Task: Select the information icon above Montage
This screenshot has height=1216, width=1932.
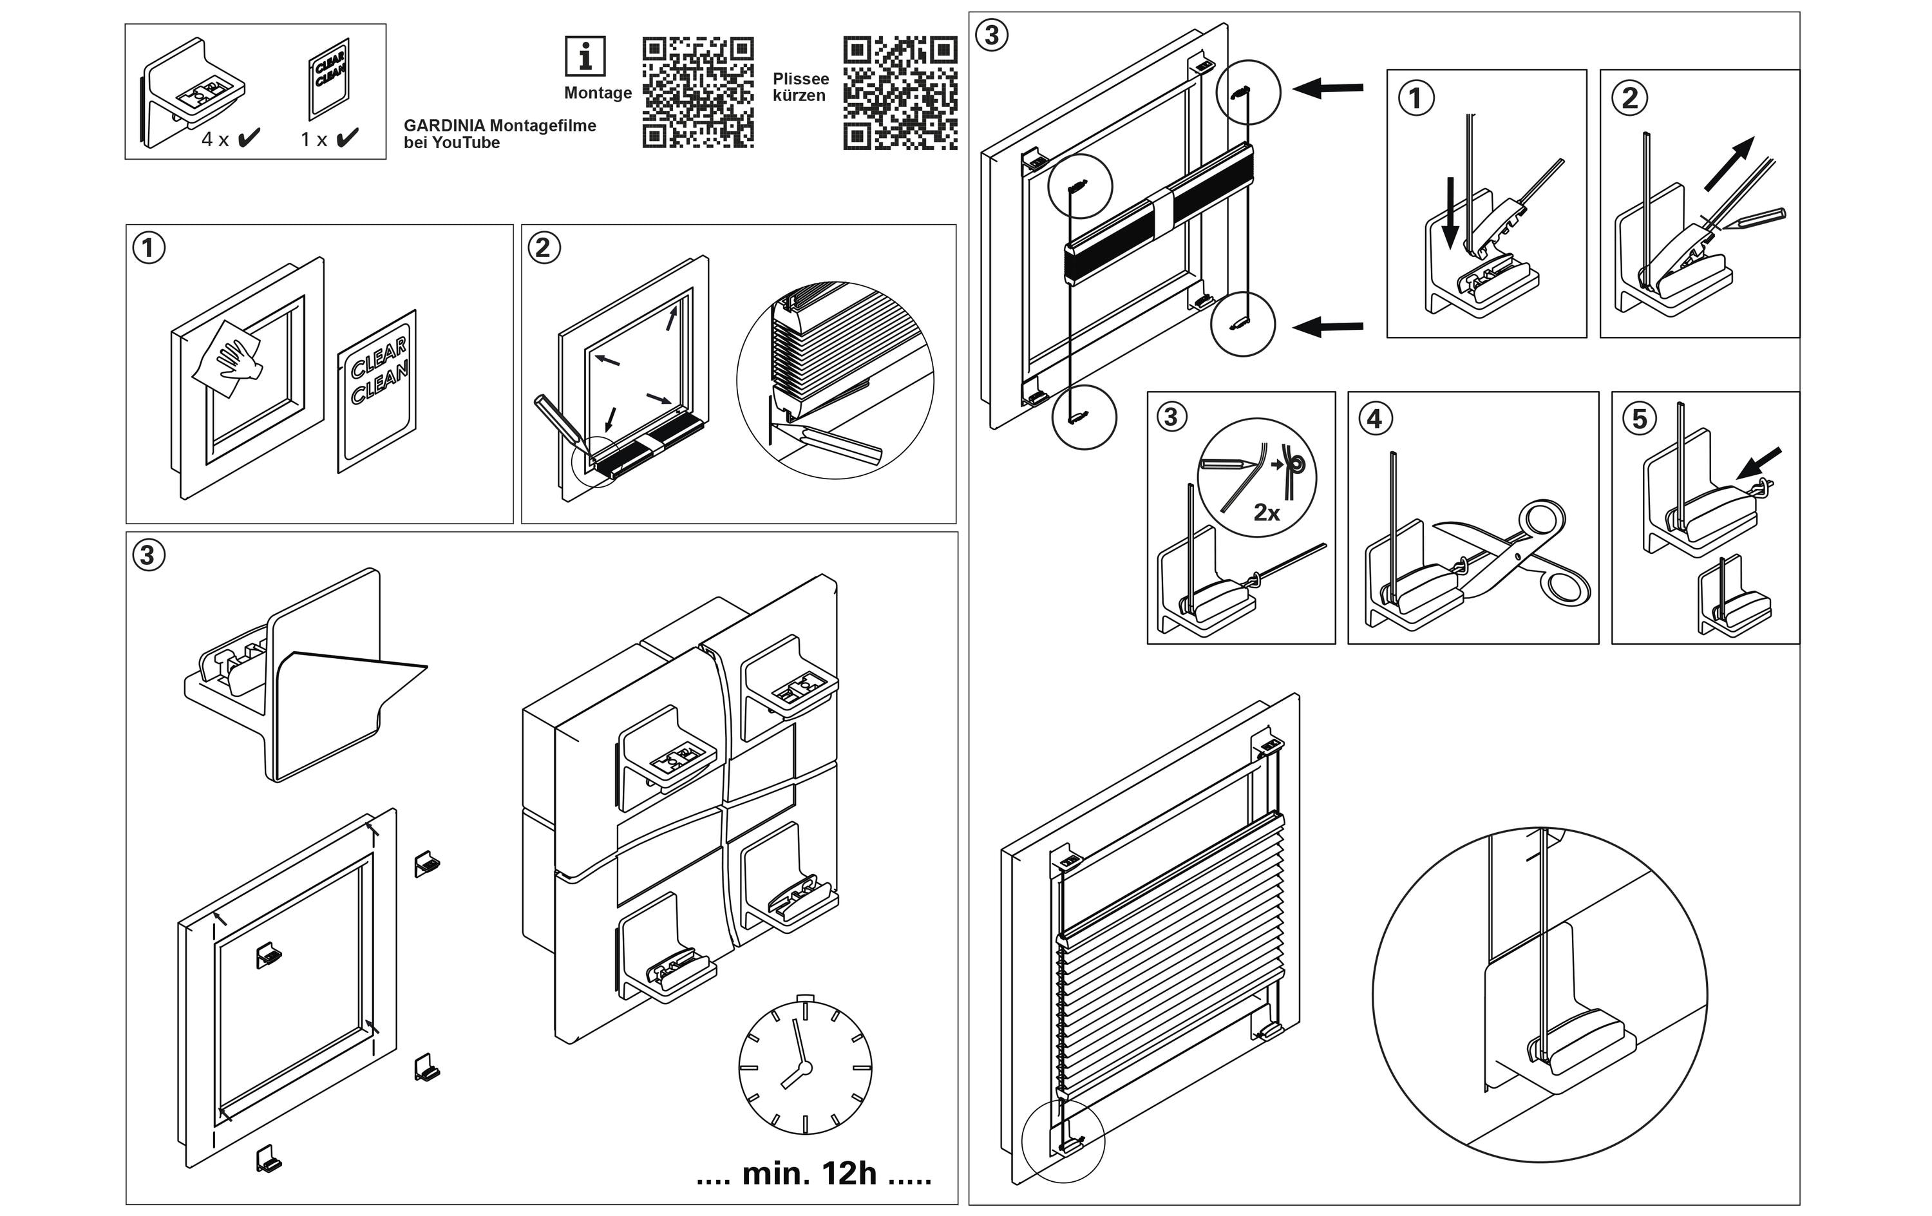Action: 585,57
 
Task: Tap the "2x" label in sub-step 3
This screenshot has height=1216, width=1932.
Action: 1266,512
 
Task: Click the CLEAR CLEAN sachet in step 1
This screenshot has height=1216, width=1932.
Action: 377,391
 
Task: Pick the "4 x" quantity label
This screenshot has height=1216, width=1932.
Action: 215,140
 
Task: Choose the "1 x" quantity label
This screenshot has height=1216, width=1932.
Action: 314,140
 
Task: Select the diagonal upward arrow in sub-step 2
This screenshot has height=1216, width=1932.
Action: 1730,164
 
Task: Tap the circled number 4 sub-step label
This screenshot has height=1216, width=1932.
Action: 1374,418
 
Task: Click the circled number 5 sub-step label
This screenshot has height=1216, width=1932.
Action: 1639,418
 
